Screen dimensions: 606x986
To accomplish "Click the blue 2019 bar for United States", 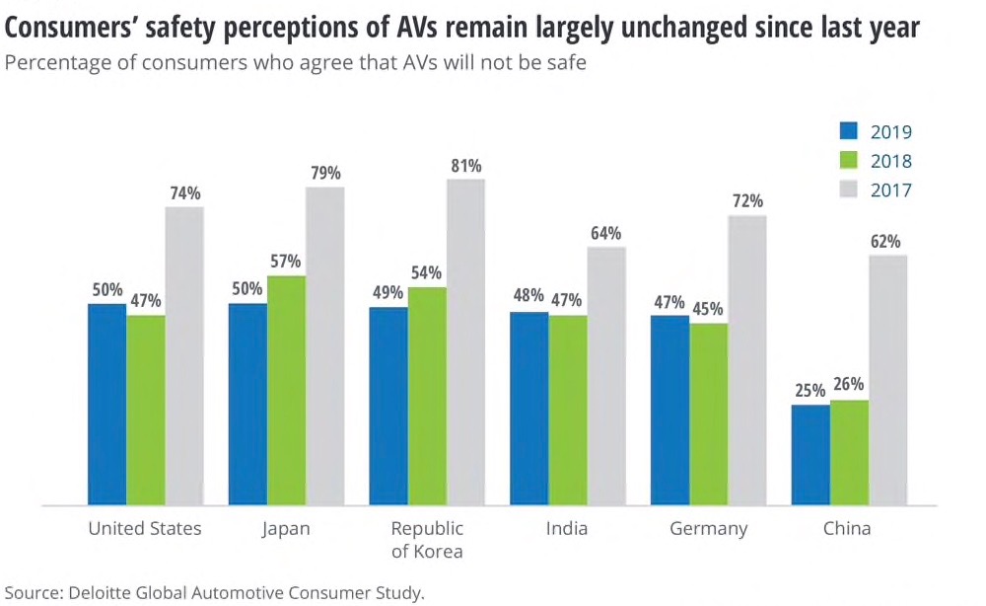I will point(106,405).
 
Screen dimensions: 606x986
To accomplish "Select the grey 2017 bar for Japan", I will point(324,345).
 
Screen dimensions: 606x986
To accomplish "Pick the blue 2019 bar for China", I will point(810,455).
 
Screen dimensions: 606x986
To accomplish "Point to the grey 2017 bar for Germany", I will point(747,360).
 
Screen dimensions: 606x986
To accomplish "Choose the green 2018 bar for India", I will point(568,411).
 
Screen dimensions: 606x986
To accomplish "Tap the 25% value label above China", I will point(810,390).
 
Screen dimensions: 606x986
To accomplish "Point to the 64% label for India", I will point(605,233).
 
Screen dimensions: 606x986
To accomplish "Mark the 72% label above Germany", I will point(747,201).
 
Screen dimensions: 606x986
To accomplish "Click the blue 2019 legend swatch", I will point(851,131).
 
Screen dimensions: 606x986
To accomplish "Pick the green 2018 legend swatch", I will point(851,161).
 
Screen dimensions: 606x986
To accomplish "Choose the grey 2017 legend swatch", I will point(851,189).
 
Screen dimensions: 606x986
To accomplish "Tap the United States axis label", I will point(145,529).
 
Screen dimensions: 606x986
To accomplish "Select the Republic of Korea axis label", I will point(427,539).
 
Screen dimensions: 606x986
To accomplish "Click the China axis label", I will point(848,529).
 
